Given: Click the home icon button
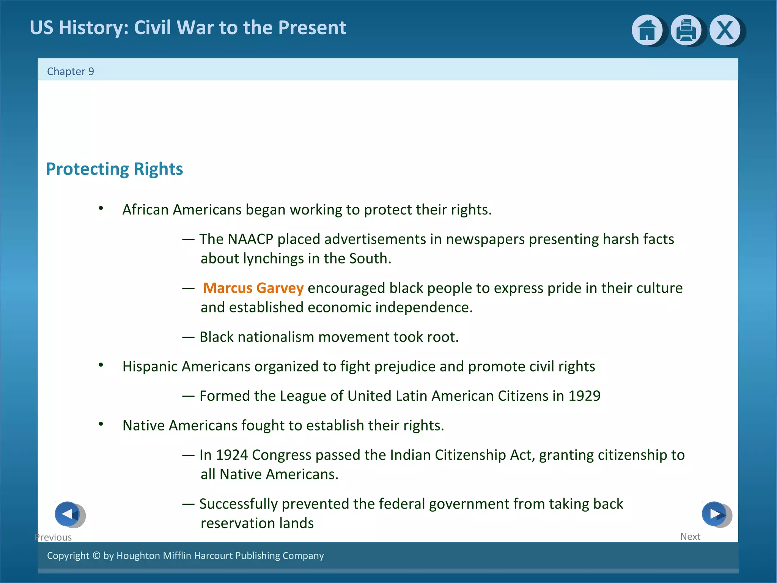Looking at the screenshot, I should (x=647, y=30).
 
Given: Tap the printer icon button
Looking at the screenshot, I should (x=686, y=30).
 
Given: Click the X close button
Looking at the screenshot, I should (x=725, y=30).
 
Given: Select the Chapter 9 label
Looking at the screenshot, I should (x=71, y=71).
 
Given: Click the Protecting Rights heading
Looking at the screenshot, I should (x=114, y=169).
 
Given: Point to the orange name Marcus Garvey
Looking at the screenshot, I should (x=253, y=288).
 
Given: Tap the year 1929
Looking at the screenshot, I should (x=584, y=396).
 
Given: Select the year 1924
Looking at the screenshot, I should (x=231, y=455).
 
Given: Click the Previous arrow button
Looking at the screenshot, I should (x=68, y=514).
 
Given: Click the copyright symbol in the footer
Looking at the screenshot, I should (x=96, y=556).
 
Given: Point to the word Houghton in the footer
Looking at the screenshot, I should (x=138, y=556).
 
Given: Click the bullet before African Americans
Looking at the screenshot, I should (x=101, y=208).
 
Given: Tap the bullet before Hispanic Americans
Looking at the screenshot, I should (x=101, y=365).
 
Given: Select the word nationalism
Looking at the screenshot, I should (x=275, y=337).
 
